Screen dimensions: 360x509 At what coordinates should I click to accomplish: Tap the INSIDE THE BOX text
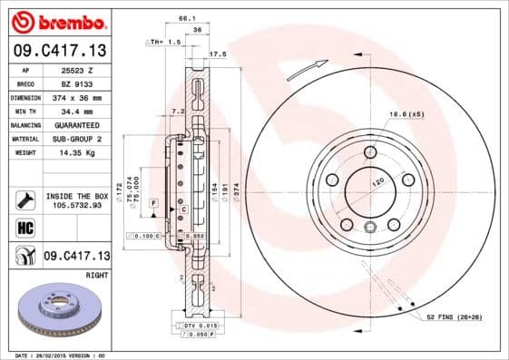coord(76,196)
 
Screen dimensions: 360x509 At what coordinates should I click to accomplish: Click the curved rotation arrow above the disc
coord(307,66)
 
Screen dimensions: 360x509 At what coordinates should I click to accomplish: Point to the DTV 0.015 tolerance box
coord(194,325)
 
